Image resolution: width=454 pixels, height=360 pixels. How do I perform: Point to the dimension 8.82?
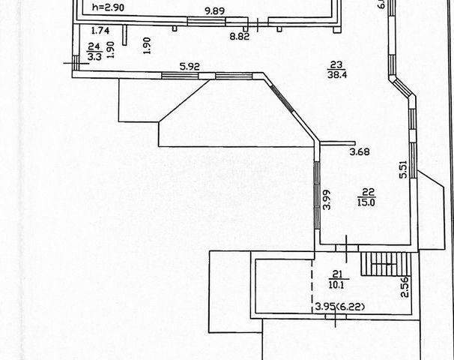point(240,35)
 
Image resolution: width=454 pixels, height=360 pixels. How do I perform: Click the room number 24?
point(94,46)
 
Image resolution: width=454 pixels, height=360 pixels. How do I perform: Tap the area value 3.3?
point(94,55)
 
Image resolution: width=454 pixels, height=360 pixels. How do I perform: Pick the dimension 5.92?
point(190,66)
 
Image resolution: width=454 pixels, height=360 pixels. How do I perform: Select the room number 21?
point(336,274)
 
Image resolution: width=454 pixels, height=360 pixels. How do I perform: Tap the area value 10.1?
point(336,283)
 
